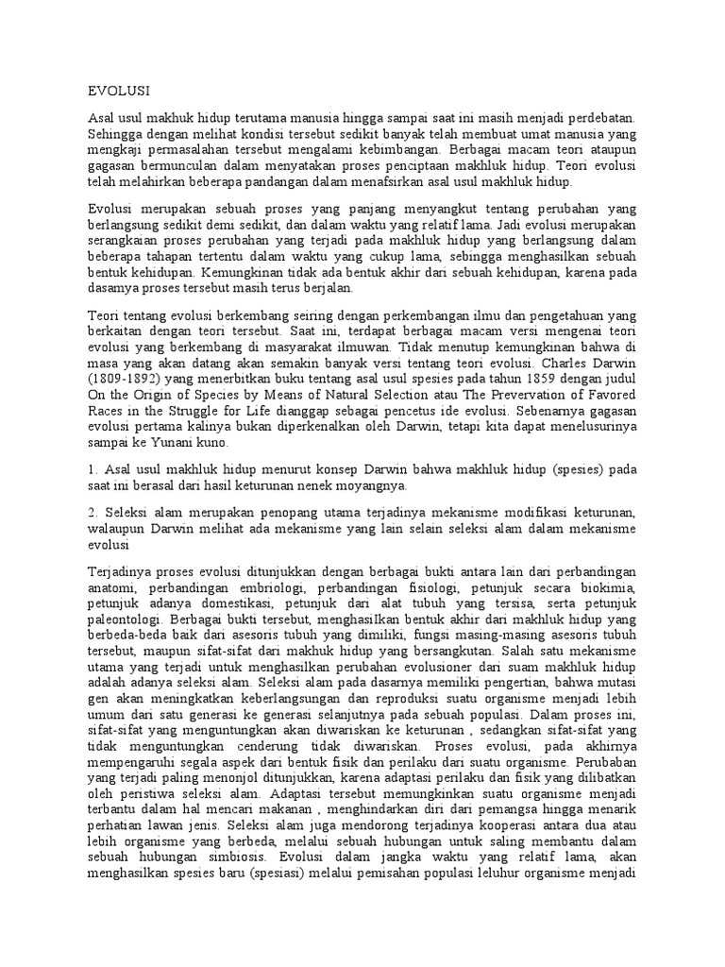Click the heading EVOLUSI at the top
tap(119, 91)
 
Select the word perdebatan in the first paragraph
tap(598, 117)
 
